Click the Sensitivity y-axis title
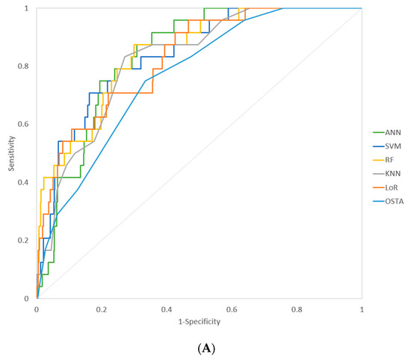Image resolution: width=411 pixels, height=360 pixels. click(x=13, y=154)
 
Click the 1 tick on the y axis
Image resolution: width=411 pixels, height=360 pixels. click(x=29, y=8)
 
